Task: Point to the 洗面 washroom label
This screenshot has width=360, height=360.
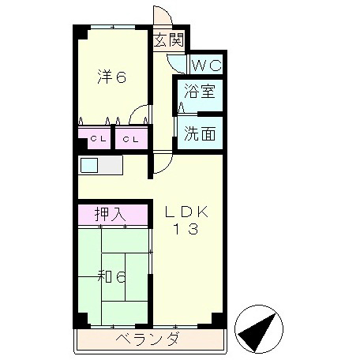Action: coord(200,133)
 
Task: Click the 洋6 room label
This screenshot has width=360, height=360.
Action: coord(112,77)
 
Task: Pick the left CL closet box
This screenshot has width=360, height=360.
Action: coord(96,141)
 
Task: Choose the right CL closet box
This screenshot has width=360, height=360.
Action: coord(132,141)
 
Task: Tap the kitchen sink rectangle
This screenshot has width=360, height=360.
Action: coord(88,166)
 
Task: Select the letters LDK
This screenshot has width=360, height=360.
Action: coord(186,212)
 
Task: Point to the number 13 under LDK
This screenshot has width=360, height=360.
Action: coord(187,231)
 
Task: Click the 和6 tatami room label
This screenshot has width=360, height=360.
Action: coord(111,276)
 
